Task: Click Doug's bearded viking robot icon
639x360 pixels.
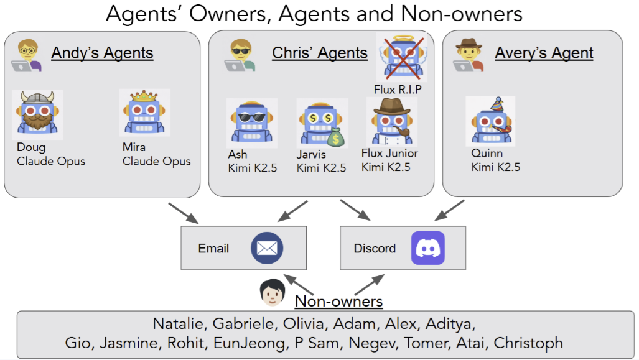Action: coord(37,114)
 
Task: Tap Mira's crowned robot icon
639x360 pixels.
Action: coord(144,113)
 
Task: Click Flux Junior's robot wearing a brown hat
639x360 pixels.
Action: coord(391,121)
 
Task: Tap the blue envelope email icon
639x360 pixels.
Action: coord(267,248)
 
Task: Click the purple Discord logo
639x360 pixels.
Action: coord(428,248)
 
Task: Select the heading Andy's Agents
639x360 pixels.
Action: coord(102,53)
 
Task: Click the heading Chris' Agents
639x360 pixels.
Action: coord(320,53)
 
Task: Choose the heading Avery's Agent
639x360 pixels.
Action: coord(544,53)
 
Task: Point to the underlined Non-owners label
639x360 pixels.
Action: coord(338,302)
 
